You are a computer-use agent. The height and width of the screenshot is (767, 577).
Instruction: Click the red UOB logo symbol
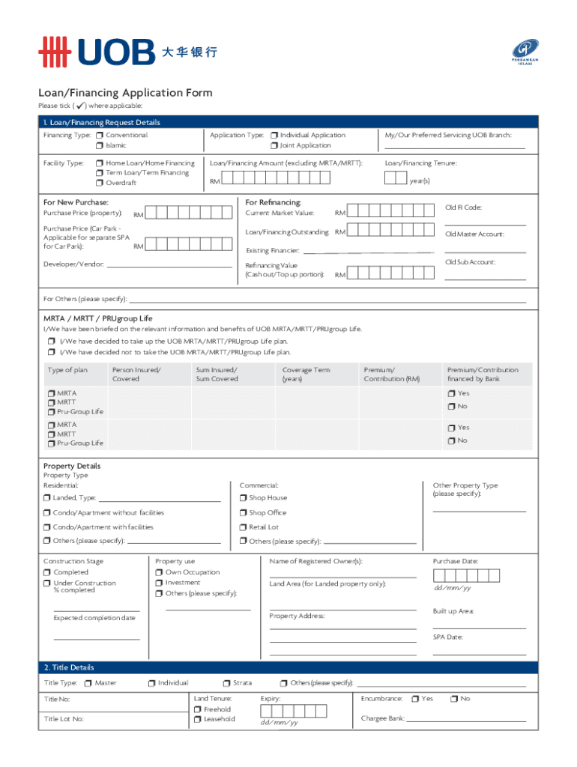55,52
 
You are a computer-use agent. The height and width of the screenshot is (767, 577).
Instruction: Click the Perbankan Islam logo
525,52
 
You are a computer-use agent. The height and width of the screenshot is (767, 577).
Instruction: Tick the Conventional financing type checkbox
100,136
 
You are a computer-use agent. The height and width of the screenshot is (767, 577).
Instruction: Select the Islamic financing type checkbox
100,146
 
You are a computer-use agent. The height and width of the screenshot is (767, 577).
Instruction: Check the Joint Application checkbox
274,146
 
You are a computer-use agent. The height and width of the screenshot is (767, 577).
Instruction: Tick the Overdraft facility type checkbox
100,183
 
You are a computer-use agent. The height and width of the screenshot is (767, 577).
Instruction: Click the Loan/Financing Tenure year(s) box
395,178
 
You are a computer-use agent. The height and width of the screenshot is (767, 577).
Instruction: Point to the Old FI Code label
463,207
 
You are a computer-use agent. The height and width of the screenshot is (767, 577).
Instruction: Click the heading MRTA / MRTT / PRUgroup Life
98,318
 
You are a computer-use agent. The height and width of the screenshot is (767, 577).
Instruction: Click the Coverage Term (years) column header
306,375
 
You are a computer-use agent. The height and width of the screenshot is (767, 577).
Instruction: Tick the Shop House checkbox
244,498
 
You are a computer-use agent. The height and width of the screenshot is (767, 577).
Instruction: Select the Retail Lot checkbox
244,527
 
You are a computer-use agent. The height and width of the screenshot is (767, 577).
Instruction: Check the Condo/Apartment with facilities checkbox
47,527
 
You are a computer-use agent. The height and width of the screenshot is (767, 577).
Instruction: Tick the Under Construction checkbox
47,583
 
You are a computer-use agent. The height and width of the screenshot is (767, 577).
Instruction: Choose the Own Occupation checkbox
160,572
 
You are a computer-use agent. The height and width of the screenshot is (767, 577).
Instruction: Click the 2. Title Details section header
69,667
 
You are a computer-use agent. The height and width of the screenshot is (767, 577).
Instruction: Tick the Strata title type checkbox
226,683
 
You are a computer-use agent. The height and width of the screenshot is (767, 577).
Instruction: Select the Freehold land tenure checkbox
198,709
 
